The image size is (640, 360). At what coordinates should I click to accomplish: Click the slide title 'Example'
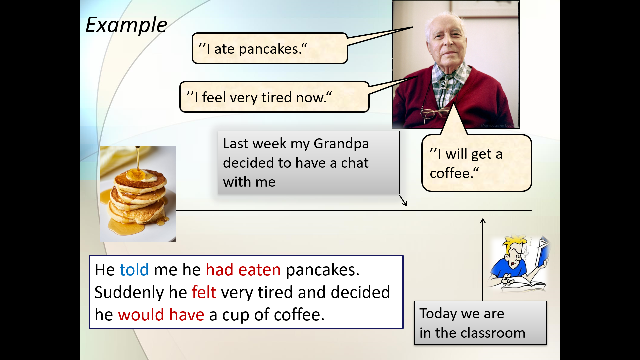click(126, 25)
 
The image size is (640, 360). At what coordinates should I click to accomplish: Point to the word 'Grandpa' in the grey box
click(341, 144)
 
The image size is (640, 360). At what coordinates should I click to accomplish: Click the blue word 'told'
click(134, 270)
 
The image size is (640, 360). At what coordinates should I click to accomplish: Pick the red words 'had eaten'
click(243, 270)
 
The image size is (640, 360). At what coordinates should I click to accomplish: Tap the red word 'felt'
click(204, 292)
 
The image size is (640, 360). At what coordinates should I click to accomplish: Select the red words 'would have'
click(161, 315)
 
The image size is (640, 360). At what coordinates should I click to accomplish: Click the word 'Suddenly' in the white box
click(129, 293)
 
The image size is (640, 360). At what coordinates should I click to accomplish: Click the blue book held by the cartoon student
click(542, 252)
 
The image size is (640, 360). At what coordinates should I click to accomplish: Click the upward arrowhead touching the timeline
click(483, 221)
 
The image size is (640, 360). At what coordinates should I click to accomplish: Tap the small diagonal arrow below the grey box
click(403, 201)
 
